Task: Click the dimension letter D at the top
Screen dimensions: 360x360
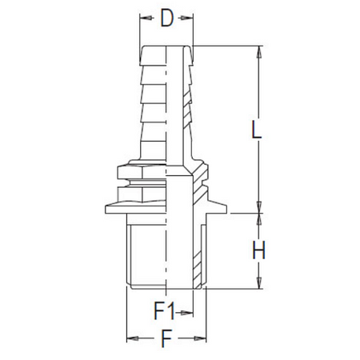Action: pyautogui.click(x=166, y=18)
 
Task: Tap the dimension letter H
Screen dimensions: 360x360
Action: pyautogui.click(x=258, y=250)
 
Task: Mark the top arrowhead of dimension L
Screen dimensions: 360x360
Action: pyautogui.click(x=258, y=51)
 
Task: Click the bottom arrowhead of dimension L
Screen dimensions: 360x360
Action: pyautogui.click(x=258, y=209)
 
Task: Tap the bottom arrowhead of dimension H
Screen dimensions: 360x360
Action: pyautogui.click(x=258, y=283)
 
